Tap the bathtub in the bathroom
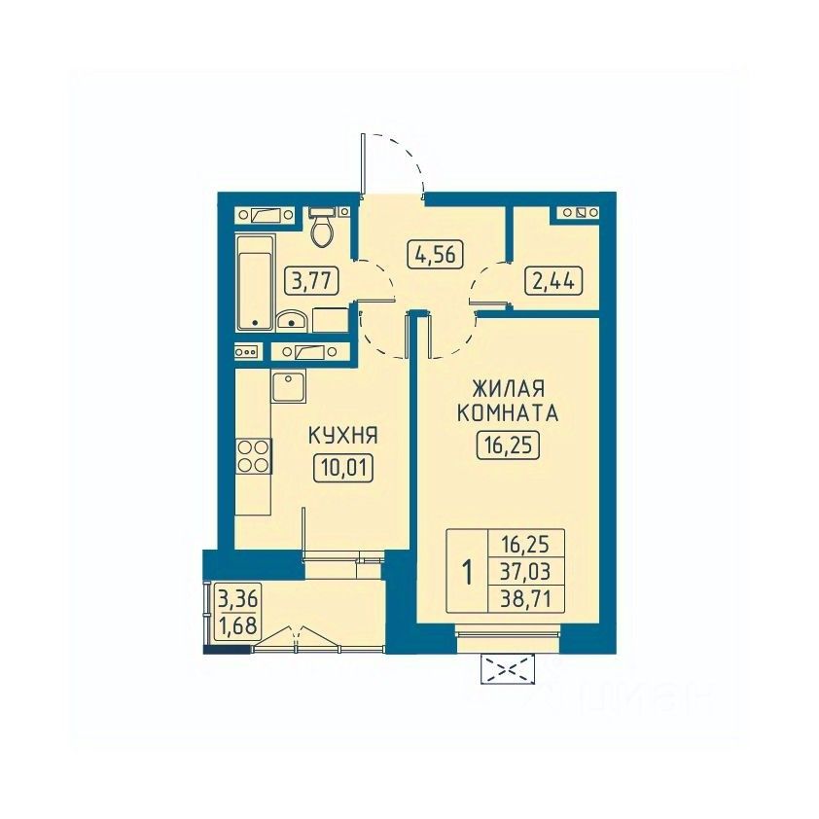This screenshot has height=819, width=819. [x=256, y=283]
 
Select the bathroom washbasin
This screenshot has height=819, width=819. [x=292, y=320]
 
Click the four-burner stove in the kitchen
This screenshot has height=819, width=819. [x=254, y=456]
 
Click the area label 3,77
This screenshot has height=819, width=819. [x=312, y=281]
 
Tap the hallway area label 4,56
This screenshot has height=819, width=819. [x=436, y=255]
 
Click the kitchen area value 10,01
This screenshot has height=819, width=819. [x=343, y=468]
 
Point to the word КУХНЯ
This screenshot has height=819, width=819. [x=343, y=435]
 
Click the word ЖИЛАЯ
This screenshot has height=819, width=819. [x=508, y=389]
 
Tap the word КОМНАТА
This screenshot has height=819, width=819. [x=508, y=413]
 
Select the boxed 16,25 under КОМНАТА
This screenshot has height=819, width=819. [x=508, y=445]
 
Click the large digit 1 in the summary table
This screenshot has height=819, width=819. [x=468, y=572]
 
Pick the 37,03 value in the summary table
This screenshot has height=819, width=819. [x=526, y=571]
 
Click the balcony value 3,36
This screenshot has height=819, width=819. [x=237, y=599]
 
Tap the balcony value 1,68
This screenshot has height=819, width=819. [x=237, y=624]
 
